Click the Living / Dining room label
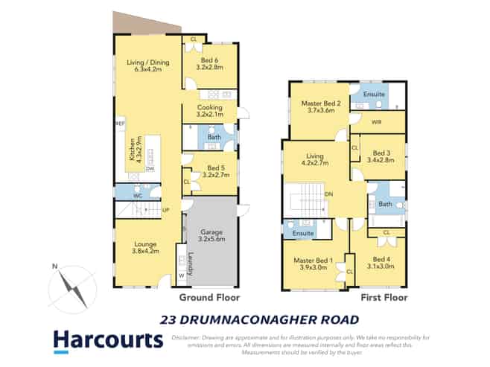coord(147,66)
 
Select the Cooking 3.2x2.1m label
coord(209,112)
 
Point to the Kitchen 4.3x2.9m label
coord(133,151)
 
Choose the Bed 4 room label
coord(380,263)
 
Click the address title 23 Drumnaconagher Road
coord(260,320)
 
